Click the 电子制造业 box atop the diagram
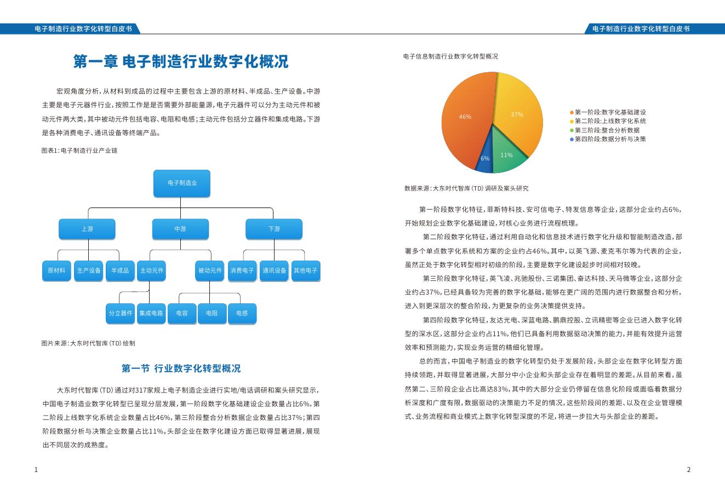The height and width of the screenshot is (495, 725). [x=181, y=183]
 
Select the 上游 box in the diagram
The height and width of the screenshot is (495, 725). [x=87, y=229]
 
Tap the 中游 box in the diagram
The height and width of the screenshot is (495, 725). [x=180, y=229]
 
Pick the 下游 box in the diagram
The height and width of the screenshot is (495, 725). [x=274, y=229]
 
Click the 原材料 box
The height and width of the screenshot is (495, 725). [x=56, y=270]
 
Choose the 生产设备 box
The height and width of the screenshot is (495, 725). [x=88, y=270]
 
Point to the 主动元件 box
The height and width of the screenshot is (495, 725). [x=151, y=270]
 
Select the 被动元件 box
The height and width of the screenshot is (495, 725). [x=210, y=270]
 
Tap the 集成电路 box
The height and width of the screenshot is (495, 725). [x=151, y=313]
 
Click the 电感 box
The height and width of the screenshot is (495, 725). [x=242, y=313]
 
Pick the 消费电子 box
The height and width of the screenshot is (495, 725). [x=242, y=270]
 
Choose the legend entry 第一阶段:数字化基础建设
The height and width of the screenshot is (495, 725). [x=609, y=112]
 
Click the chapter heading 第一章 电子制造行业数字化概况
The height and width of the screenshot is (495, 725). [x=181, y=61]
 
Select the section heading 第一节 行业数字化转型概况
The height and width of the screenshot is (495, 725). [x=181, y=369]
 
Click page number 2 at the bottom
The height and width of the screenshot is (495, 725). [x=689, y=470]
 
